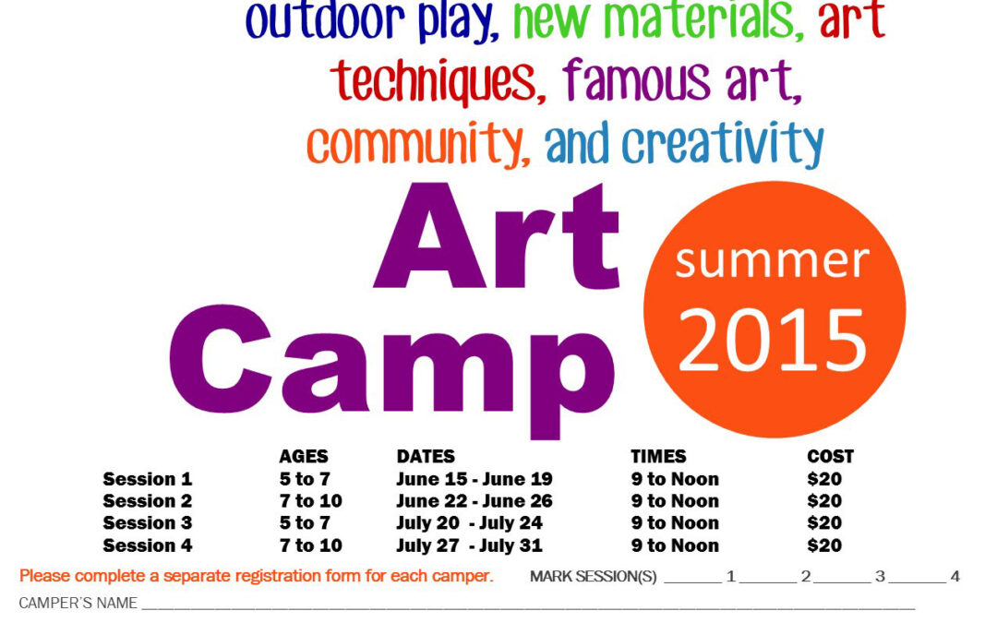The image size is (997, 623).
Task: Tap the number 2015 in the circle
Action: [774, 339]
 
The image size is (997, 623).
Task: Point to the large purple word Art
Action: [497, 237]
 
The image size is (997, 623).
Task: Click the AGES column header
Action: [303, 457]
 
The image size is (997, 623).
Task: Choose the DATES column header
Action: [426, 457]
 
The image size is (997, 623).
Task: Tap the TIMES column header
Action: [658, 457]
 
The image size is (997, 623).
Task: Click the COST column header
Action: [830, 457]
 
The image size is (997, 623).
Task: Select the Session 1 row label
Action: [147, 479]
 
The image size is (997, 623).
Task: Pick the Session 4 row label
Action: [147, 545]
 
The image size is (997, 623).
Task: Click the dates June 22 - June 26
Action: [474, 501]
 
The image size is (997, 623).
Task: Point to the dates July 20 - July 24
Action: [469, 523]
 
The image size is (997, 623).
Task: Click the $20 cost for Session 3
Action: [823, 523]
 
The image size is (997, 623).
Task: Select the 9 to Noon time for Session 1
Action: [674, 479]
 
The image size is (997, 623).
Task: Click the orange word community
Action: [418, 145]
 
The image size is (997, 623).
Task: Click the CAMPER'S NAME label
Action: [78, 604]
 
